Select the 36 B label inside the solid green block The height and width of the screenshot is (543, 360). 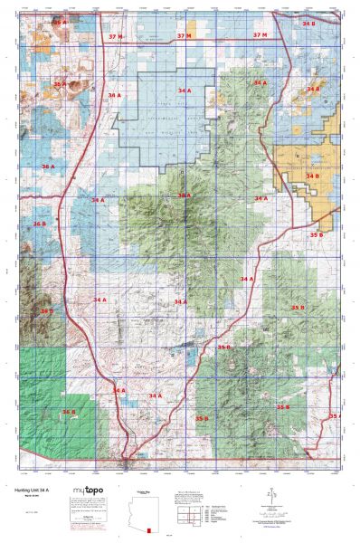[x=69, y=413]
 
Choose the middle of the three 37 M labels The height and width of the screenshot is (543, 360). [x=185, y=35]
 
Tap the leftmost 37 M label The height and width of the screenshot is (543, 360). [x=116, y=35]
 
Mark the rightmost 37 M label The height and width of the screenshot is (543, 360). [x=261, y=34]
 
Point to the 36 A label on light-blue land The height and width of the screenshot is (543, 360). [x=47, y=167]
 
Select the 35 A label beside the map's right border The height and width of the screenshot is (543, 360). [x=334, y=415]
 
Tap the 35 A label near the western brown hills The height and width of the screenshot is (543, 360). [x=60, y=83]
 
